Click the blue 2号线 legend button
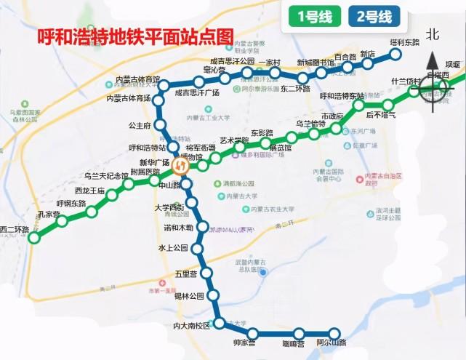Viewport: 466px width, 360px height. pos(374,16)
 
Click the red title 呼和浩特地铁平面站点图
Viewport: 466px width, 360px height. pos(131,34)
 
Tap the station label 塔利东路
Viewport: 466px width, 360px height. pos(405,42)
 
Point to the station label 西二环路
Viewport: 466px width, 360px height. pos(15,230)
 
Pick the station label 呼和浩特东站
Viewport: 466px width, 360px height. pos(341,96)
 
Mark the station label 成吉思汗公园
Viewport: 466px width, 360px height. pos(227,62)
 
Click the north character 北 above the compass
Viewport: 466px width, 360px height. pos(433,34)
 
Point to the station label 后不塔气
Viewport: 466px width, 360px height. pos(381,115)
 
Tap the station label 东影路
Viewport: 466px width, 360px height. pos(262,133)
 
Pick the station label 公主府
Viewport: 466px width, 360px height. pos(139,126)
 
